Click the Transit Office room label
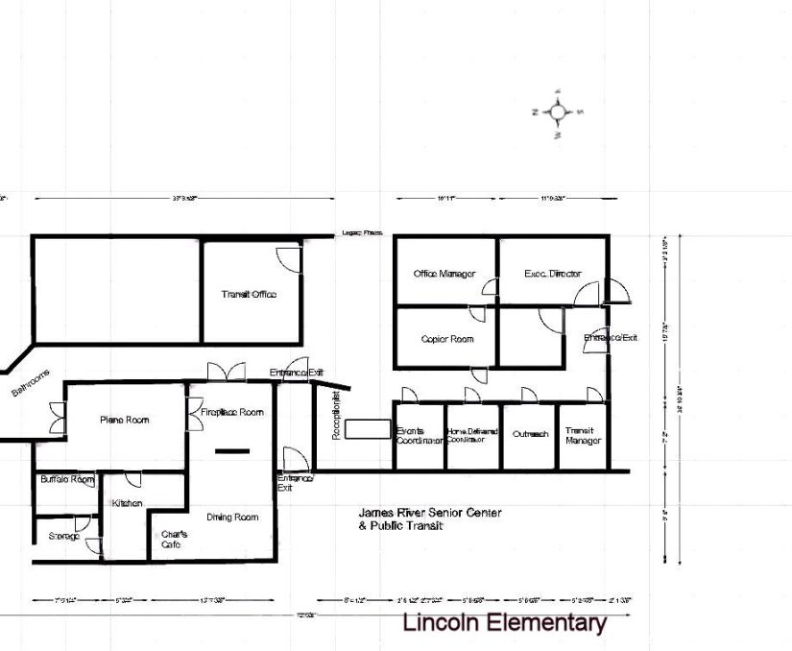pos(249,294)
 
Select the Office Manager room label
pos(444,274)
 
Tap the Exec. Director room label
pos(552,274)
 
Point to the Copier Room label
pos(446,339)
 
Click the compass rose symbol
pos(558,111)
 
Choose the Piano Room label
pos(125,420)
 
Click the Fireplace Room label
pos(231,412)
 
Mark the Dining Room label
pos(232,517)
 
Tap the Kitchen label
pos(127,503)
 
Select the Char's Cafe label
pos(173,539)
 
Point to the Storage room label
pos(65,536)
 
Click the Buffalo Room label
pos(67,479)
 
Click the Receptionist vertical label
pos(336,416)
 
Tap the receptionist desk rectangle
pos(366,428)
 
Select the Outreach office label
pos(530,434)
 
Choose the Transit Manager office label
pos(583,436)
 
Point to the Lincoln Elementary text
pos(504,622)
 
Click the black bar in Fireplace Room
pos(231,450)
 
